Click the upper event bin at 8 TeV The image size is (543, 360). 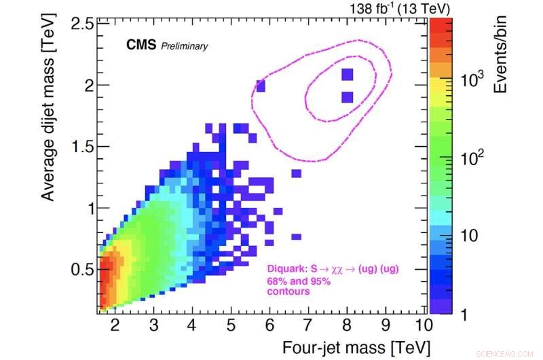click(348, 73)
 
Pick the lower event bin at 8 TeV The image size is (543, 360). click(348, 97)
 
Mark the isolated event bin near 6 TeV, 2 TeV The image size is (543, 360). click(261, 86)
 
